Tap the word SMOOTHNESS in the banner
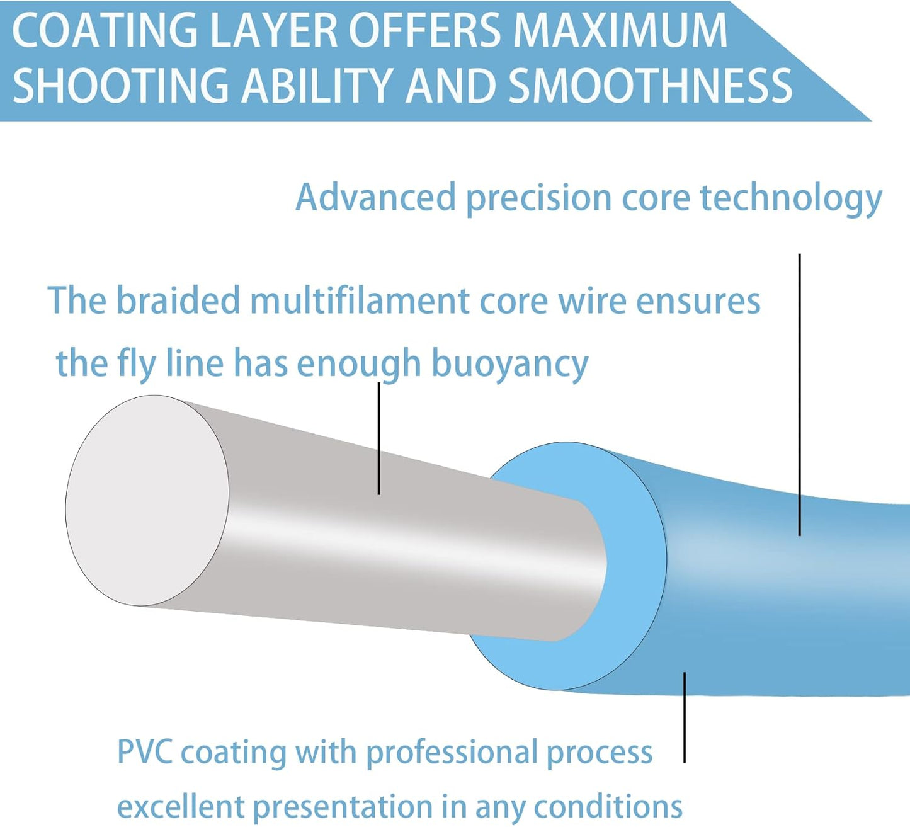coord(651,85)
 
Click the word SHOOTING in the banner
coord(121,85)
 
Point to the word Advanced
coord(375,197)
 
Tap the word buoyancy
coord(509,365)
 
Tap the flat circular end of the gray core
coord(147,500)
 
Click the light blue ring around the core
coord(635,572)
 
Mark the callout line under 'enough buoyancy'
coord(378,438)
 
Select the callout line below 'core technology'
coord(799,395)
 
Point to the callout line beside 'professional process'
coord(685,717)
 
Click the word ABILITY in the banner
coord(316,85)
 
